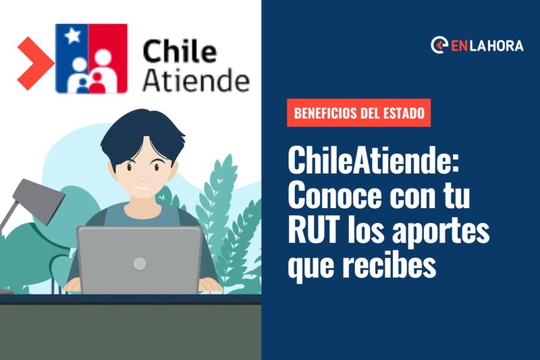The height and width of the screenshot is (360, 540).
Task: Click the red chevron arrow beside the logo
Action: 34,63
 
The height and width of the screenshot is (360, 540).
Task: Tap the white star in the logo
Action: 73,36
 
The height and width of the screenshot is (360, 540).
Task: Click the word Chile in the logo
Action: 180,51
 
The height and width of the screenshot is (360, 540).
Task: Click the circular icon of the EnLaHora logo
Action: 439,45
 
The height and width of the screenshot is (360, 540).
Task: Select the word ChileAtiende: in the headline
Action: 374,160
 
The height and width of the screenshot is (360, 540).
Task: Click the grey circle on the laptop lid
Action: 140,263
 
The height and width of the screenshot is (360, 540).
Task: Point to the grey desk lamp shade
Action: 38,201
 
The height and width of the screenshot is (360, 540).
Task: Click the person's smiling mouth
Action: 142,188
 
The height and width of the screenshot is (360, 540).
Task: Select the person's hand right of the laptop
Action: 210,285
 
